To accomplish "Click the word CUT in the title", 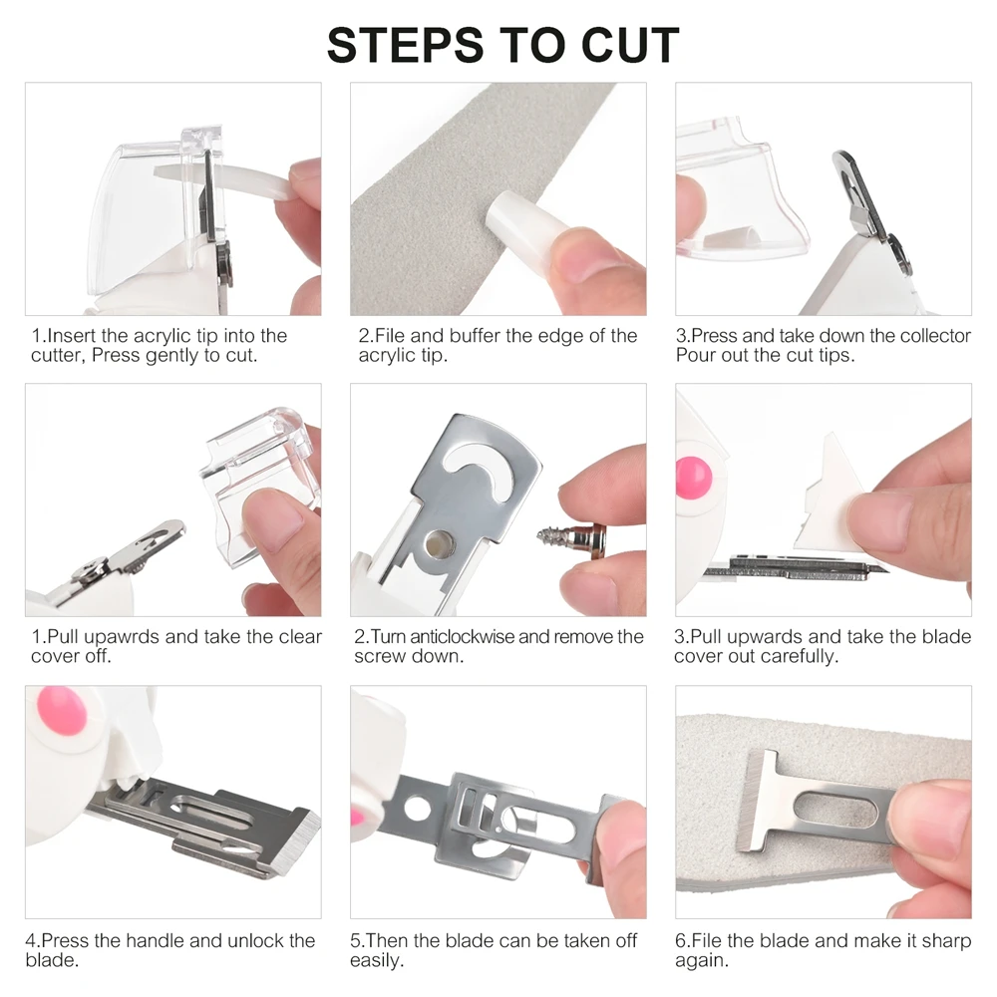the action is [630, 45].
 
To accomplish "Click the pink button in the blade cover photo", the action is [693, 477].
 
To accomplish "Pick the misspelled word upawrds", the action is [122, 638].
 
